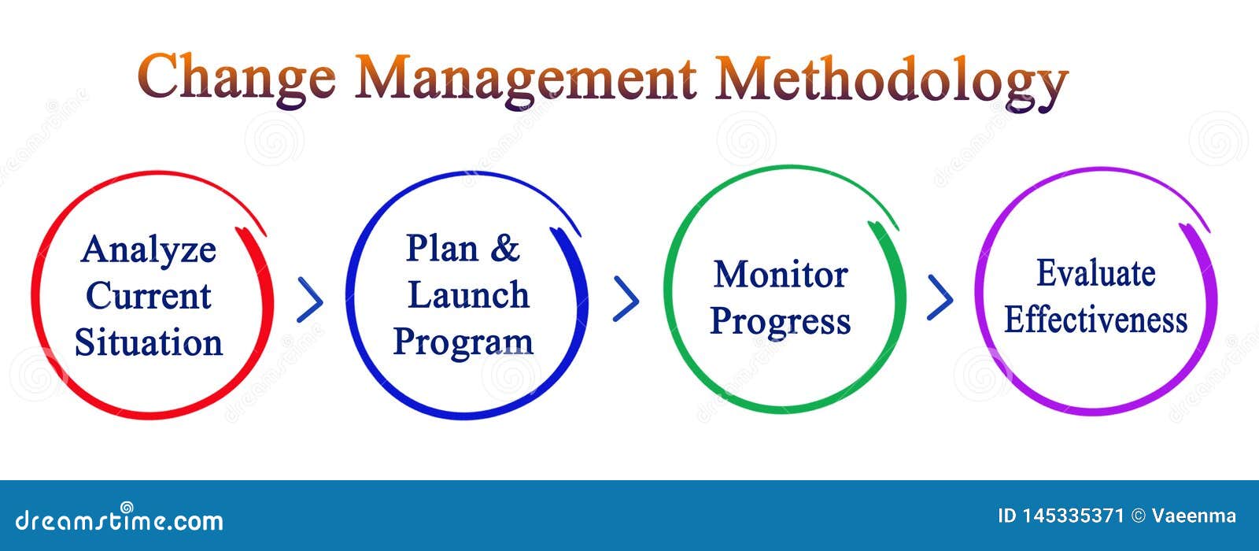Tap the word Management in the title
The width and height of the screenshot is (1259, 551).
tap(526, 77)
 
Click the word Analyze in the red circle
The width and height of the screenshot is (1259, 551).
tap(149, 250)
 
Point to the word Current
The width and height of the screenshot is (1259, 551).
tap(149, 296)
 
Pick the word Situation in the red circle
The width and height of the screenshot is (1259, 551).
tap(149, 343)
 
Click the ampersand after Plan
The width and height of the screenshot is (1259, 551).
tap(505, 249)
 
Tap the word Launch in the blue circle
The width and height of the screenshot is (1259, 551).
tap(468, 295)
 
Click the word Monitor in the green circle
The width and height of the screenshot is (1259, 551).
tap(781, 275)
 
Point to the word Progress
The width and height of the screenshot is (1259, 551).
tap(781, 322)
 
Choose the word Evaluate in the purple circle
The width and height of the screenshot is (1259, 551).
tap(1095, 274)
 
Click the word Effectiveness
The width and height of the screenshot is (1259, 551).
tap(1095, 320)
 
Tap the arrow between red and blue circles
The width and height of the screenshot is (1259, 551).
tap(310, 300)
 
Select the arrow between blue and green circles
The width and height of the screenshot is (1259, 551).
tap(626, 299)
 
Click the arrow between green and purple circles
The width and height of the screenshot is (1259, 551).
tap(940, 298)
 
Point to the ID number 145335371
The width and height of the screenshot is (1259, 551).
tap(1073, 516)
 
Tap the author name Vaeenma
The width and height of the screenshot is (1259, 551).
tap(1194, 516)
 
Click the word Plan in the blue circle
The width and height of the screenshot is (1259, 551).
tap(442, 249)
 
